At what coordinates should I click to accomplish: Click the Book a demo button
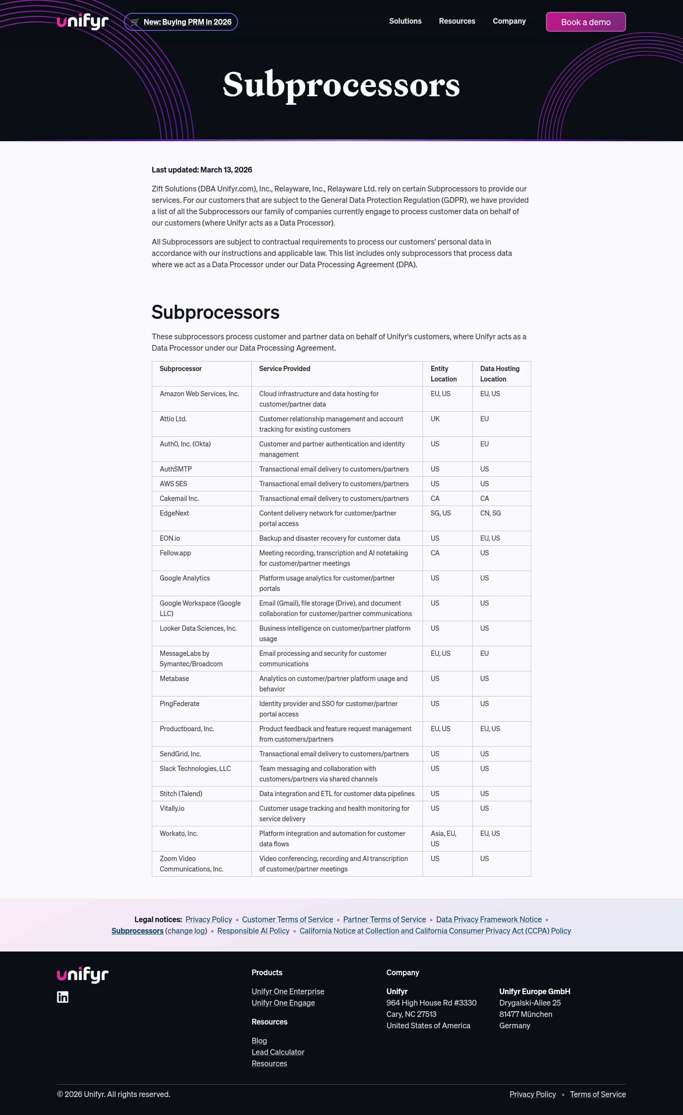(585, 22)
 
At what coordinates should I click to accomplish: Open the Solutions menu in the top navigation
(405, 21)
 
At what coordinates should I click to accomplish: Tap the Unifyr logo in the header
(83, 21)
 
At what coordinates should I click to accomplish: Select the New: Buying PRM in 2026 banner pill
(181, 22)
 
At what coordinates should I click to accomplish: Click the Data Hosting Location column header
(499, 374)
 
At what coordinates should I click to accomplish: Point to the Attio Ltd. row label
(173, 419)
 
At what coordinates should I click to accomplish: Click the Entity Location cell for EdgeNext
(441, 513)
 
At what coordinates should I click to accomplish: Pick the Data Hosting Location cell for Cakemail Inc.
(484, 499)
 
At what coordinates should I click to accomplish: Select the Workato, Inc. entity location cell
(443, 838)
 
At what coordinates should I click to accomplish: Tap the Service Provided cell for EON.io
(329, 538)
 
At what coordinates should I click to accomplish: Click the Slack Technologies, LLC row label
(195, 769)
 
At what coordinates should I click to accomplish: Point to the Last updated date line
(202, 170)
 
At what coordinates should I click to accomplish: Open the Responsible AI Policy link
(253, 931)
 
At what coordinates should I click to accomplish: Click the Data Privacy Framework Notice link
(489, 919)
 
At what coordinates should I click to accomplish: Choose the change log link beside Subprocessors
(186, 931)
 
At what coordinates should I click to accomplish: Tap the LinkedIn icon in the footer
(63, 997)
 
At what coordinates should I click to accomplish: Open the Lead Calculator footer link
(277, 1052)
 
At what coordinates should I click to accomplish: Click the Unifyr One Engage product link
(283, 1003)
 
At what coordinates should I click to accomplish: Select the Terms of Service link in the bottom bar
(598, 1094)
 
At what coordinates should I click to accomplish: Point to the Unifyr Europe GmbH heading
(535, 991)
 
